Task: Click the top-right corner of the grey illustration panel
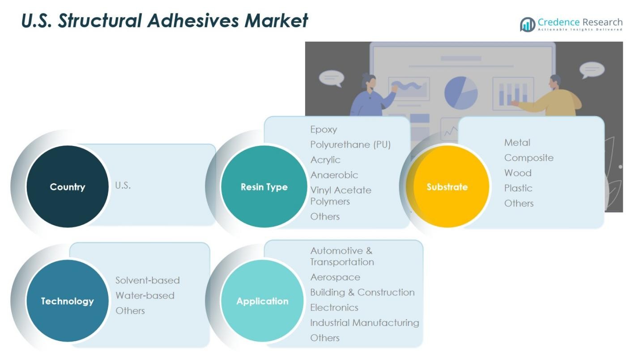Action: click(x=623, y=42)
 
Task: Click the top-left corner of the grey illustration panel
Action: click(x=305, y=42)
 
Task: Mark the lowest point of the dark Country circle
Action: click(x=68, y=227)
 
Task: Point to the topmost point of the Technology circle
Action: click(x=68, y=260)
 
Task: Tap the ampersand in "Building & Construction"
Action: click(x=351, y=292)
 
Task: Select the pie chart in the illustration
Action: click(x=461, y=93)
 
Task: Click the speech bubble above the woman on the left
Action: click(x=331, y=78)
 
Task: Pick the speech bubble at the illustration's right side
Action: click(x=592, y=70)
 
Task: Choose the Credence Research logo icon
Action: click(x=528, y=25)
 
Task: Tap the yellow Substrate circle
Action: click(x=447, y=186)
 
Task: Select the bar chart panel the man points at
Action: click(x=513, y=94)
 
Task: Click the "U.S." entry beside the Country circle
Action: click(x=123, y=185)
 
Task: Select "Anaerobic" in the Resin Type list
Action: click(x=334, y=175)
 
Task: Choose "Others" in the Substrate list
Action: click(x=519, y=203)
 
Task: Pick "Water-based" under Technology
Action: click(x=145, y=295)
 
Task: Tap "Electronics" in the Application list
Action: click(x=334, y=308)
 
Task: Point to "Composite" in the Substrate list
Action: click(x=528, y=158)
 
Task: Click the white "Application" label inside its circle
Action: click(x=262, y=301)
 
